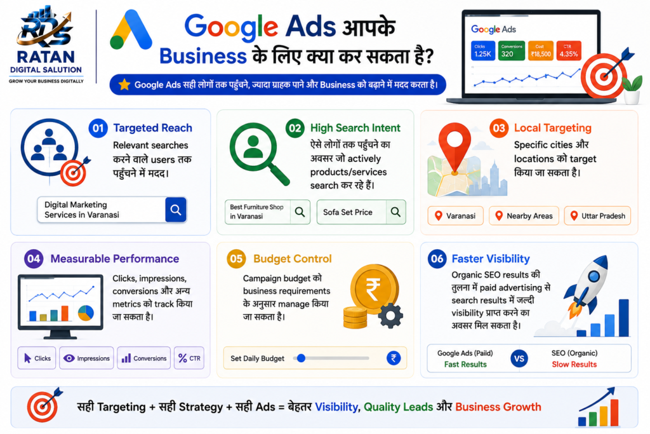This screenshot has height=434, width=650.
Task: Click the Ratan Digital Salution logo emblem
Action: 45,27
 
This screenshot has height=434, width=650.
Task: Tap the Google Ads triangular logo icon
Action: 131,29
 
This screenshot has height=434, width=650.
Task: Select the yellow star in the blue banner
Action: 124,85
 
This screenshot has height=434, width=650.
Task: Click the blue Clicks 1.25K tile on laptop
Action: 483,51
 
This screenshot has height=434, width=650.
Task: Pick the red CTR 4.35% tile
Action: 568,51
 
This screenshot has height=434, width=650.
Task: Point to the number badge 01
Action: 98,128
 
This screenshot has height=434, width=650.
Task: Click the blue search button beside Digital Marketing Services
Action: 176,210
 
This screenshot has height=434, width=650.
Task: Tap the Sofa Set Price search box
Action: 361,212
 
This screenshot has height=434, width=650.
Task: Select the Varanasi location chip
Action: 455,216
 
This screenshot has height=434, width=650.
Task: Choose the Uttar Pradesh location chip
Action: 597,216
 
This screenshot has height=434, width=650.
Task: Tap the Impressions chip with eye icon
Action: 86,358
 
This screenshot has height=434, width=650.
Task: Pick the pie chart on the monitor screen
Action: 86,313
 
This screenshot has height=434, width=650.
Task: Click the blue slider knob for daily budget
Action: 302,358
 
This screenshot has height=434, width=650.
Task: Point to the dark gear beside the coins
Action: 390,316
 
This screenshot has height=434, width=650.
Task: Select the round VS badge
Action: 519,358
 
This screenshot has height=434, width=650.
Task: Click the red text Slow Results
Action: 574,364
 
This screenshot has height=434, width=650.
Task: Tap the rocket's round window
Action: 594,276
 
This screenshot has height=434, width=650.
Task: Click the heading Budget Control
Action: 292,259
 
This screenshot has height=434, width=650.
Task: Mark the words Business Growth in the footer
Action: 498,407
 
